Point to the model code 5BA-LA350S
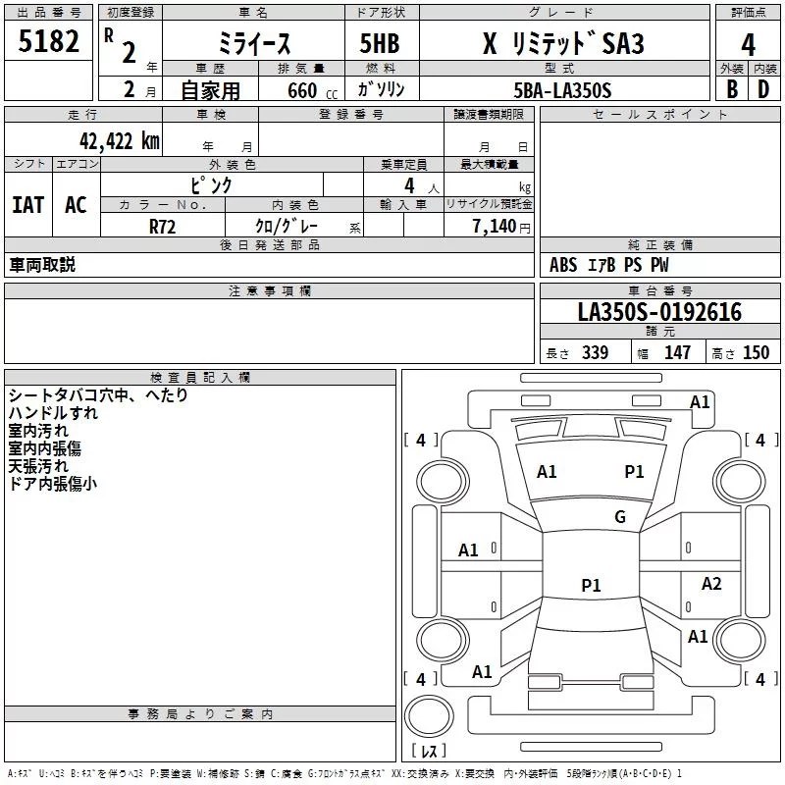[x=561, y=90]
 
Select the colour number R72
[x=163, y=226]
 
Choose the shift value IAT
[x=27, y=205]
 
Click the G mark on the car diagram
[x=620, y=517]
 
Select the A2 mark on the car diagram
[x=711, y=584]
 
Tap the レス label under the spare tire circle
[x=428, y=751]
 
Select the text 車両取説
[x=42, y=265]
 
